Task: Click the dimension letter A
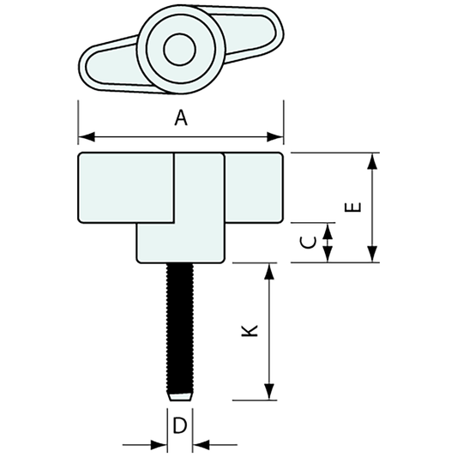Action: point(180,119)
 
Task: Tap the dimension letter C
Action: point(310,242)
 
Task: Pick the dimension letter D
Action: point(180,425)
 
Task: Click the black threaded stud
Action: point(181,326)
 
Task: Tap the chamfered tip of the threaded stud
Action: point(181,396)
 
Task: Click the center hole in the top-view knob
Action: point(179,48)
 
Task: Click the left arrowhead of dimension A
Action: point(85,136)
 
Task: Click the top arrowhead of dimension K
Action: point(270,271)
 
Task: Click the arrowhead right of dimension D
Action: point(201,444)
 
